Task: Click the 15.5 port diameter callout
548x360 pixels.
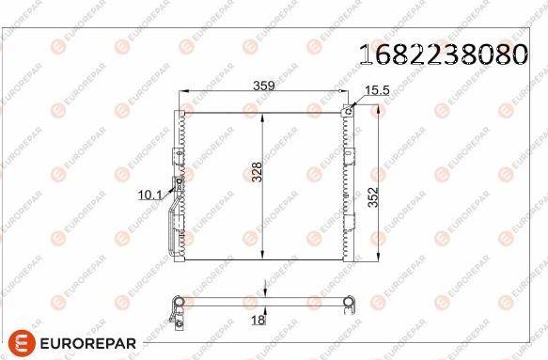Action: (x=376, y=89)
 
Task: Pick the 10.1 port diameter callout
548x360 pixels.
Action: (x=150, y=195)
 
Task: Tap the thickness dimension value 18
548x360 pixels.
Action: (x=258, y=320)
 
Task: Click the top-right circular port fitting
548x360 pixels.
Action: (x=349, y=110)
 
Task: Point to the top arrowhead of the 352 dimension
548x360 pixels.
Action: (x=380, y=108)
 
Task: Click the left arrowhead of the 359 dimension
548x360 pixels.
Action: (x=182, y=92)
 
